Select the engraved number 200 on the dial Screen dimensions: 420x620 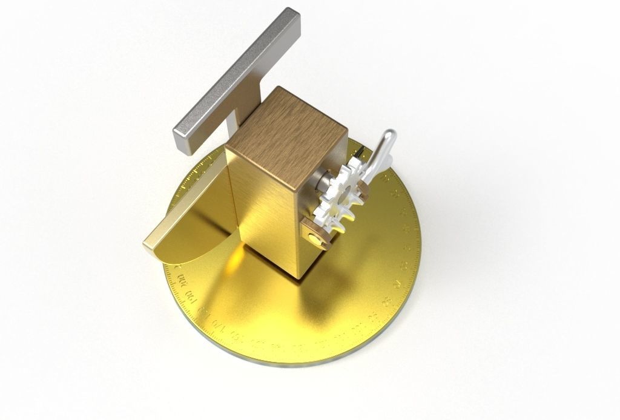click(x=180, y=280)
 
